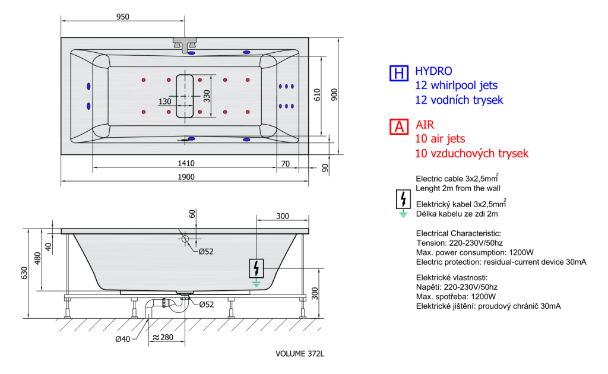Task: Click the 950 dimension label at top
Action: coord(122,17)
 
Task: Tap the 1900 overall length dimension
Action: coord(186,177)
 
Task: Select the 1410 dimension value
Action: coord(186,163)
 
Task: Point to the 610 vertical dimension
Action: coord(317,95)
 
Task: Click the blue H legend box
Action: coord(399,73)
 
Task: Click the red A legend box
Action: coord(399,126)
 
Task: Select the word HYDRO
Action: coord(433,71)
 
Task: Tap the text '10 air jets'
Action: coord(440,139)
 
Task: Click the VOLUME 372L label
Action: coord(300,353)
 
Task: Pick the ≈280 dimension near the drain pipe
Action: coord(163,337)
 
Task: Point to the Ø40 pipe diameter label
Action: coord(122,339)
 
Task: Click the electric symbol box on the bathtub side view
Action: coord(256,268)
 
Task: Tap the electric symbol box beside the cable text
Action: coord(403,199)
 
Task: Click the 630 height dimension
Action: coord(24,273)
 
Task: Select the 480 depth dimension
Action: coord(37,258)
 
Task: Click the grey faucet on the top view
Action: coord(185,45)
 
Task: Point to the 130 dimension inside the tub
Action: coord(165,101)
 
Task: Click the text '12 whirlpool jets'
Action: coord(457,85)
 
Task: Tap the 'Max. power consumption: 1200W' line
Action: coord(475,252)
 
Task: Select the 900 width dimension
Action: coord(334,95)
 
